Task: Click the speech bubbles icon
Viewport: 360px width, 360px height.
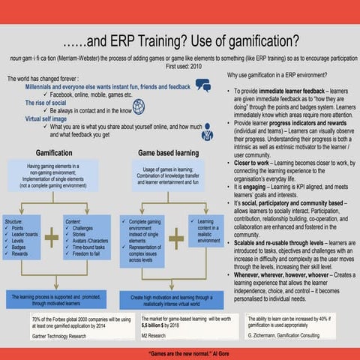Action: coord(202,86)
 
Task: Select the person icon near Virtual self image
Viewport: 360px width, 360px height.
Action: coord(207,132)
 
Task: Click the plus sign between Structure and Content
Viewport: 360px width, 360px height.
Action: coord(51,238)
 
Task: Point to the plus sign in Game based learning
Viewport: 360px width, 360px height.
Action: coord(175,238)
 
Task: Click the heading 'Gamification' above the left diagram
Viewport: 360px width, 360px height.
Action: coord(54,151)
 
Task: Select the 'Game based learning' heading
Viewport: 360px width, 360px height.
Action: coord(168,151)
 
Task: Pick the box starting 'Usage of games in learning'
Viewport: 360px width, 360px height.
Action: coord(168,175)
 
